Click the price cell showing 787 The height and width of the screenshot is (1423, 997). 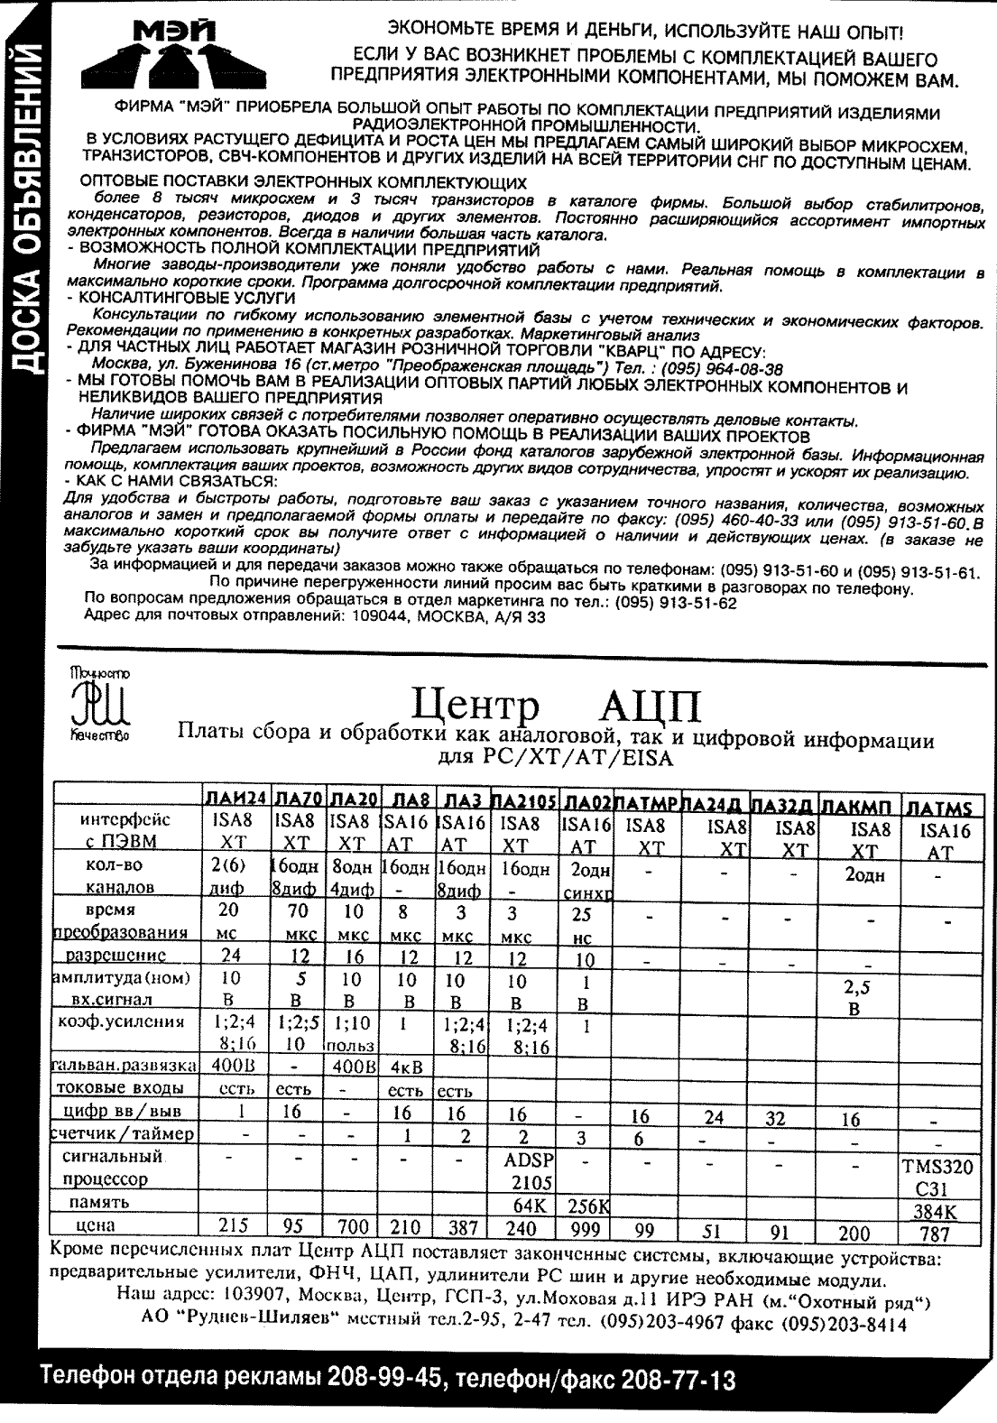(x=937, y=1233)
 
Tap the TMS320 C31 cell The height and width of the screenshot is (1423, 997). (x=937, y=1176)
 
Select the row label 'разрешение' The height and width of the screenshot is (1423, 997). (x=125, y=954)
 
